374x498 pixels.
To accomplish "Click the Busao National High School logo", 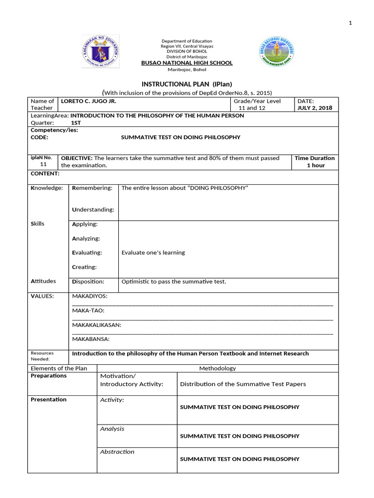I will coord(277,52).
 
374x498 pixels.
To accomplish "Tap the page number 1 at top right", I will coord(363,23).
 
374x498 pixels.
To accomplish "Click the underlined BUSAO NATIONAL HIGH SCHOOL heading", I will coord(187,63).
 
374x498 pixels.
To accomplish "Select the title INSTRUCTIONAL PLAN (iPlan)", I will coord(187,84).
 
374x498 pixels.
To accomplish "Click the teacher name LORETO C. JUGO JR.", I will coord(88,101).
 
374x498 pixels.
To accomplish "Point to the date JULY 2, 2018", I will coord(315,108).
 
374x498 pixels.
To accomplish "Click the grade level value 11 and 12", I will coord(252,108).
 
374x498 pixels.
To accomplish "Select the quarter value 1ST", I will coord(76,123).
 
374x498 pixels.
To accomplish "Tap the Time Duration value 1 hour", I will coord(315,165).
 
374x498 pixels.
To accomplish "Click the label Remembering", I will coord(92,188).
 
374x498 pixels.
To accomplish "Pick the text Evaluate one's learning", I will coord(153,252).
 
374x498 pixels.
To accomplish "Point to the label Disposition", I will coord(88,281).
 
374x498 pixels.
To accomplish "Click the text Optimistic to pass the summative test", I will coord(173,282).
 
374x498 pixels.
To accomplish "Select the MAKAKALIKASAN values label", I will coord(96,325).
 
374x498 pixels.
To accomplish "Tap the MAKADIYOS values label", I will coord(90,296).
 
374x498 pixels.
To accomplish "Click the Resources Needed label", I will coord(42,356).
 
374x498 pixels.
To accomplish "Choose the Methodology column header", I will coord(217,368).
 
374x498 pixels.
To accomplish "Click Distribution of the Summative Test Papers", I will coord(243,384).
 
